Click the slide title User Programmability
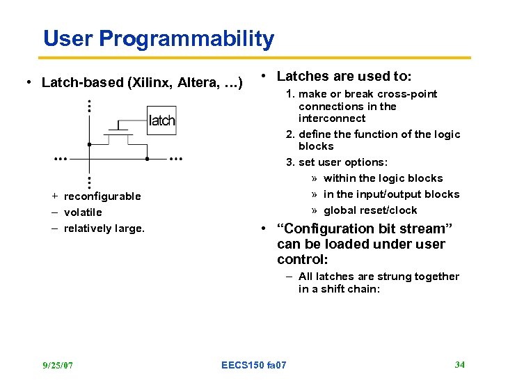pos(159,39)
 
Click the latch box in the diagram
pos(161,120)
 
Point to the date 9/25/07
pos(57,365)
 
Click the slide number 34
pos(459,364)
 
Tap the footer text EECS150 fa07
pos(253,365)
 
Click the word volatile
pos(83,212)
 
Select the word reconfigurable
pos(102,196)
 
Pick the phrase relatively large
pos(104,228)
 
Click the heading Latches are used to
pos(344,76)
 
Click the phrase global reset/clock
pos(370,210)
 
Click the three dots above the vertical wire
pos(89,106)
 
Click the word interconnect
pos(332,118)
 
